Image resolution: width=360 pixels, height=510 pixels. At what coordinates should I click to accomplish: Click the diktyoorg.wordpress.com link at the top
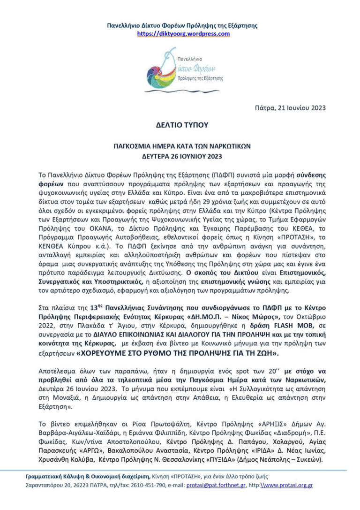(183, 34)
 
